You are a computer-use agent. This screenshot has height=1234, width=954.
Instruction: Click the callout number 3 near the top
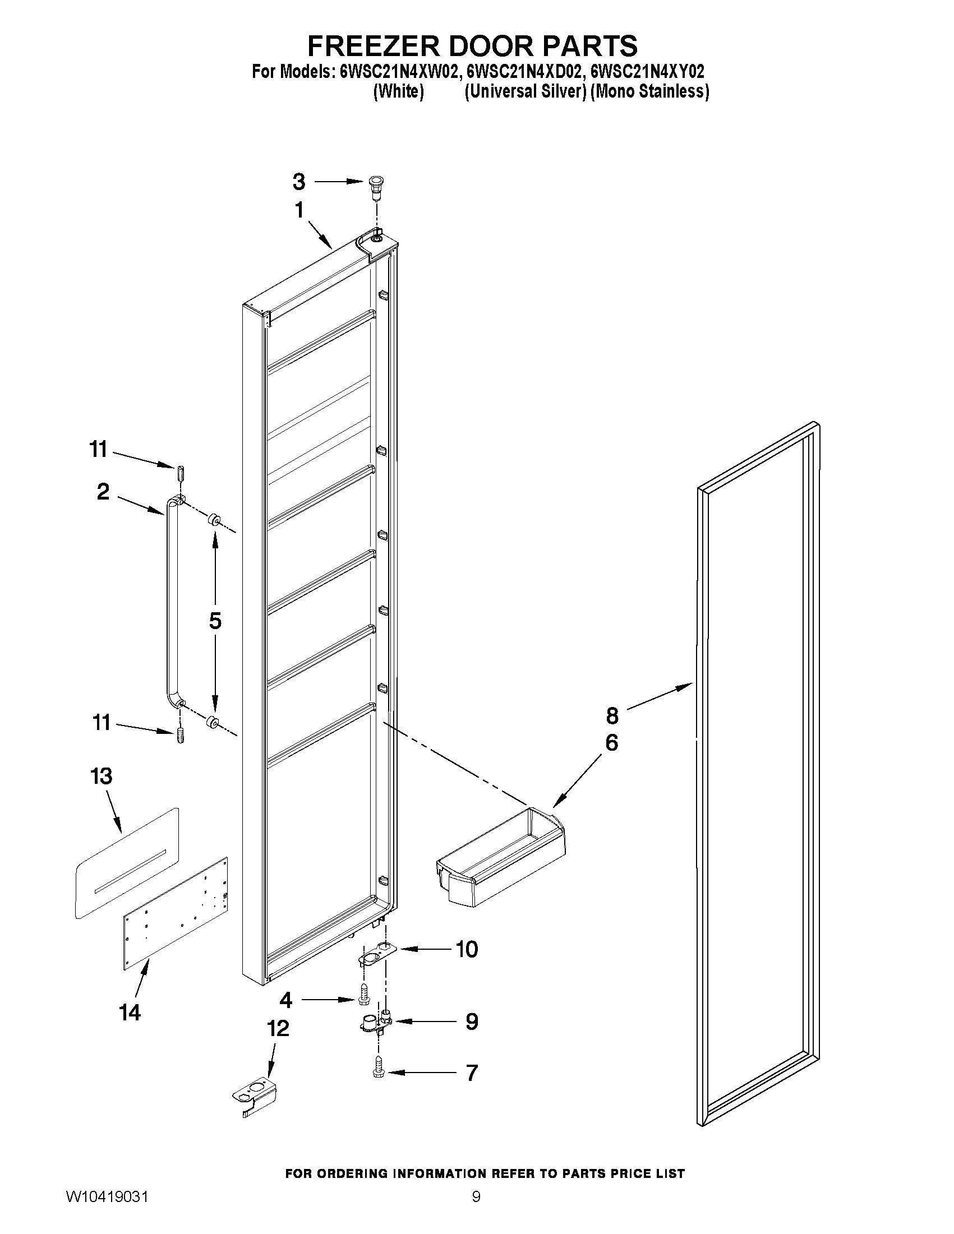[299, 182]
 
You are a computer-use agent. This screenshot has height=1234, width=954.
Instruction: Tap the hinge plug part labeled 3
[374, 187]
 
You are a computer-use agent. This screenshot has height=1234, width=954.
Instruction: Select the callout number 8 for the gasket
[612, 716]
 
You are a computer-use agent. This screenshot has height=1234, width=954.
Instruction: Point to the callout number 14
[130, 1012]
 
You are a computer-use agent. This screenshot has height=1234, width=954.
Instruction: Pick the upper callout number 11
[98, 449]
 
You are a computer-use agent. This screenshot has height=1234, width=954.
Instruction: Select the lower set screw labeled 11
[180, 736]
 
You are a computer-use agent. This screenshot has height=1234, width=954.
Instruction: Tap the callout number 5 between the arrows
[215, 621]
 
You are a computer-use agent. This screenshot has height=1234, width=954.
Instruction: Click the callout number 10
[467, 949]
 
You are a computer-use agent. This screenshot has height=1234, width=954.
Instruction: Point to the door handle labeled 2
[169, 599]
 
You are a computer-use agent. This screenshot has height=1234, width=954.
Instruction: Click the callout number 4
[286, 1000]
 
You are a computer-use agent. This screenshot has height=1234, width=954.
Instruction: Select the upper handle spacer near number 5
[215, 519]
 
